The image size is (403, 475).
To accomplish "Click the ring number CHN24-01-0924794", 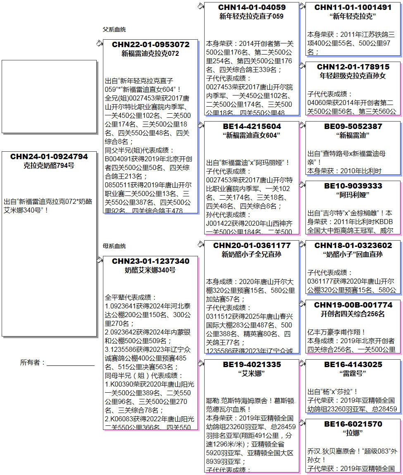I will (x=49, y=157).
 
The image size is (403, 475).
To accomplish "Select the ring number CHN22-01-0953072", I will (x=150, y=45).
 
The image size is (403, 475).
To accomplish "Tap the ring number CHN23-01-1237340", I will (x=150, y=261).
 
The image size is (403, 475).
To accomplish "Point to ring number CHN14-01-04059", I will (x=252, y=7).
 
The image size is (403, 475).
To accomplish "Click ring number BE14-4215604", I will (x=252, y=127).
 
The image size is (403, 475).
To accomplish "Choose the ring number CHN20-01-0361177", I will (x=252, y=246).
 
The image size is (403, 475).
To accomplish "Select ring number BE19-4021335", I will (x=252, y=365).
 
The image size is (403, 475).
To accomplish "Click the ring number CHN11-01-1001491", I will (x=353, y=7).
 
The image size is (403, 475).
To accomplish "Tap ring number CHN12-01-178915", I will (x=353, y=67).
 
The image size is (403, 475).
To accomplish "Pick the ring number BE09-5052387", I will (x=353, y=127).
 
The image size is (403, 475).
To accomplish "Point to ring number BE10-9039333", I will (x=353, y=186).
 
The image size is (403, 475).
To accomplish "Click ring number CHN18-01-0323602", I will (x=353, y=246).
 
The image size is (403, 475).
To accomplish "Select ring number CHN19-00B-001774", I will (x=353, y=305).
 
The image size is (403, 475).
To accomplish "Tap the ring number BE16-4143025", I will (x=353, y=365).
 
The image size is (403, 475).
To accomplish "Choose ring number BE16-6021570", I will (x=353, y=424).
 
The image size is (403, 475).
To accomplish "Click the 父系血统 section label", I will (x=114, y=30).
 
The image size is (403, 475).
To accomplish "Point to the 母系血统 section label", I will (x=114, y=246).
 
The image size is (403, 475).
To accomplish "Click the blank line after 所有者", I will (x=70, y=363).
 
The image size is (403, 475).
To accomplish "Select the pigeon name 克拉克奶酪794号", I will (x=49, y=166).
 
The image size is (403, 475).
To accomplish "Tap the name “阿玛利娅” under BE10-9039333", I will (x=353, y=195).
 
